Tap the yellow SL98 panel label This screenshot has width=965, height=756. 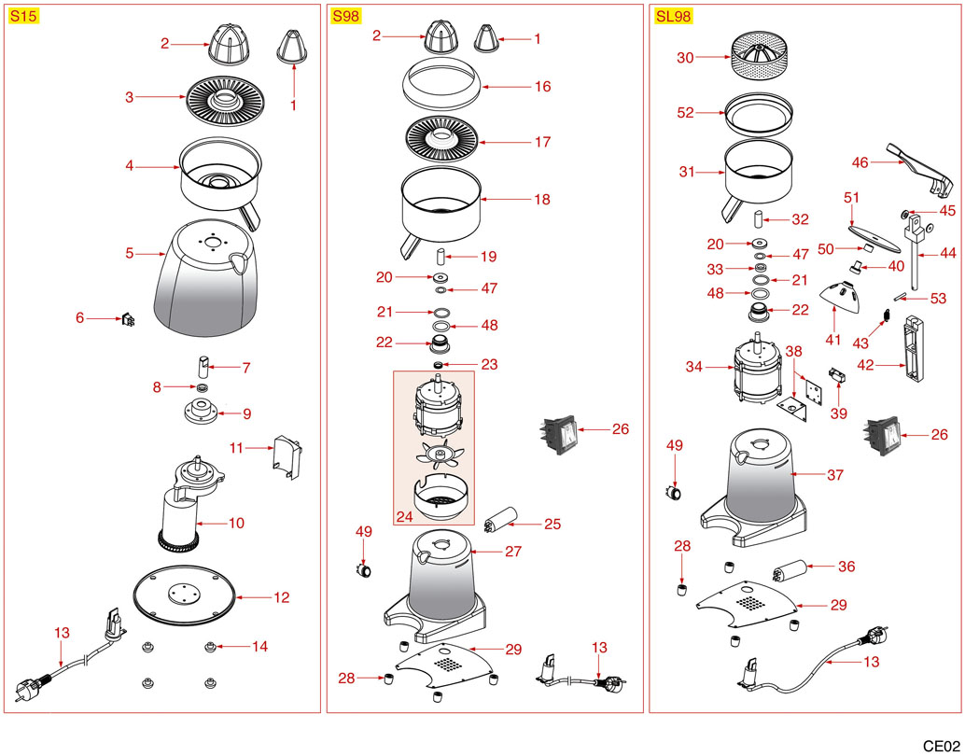pyautogui.click(x=673, y=17)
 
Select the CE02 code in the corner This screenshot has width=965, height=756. pyautogui.click(x=941, y=745)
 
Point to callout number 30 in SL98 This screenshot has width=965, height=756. pyautogui.click(x=686, y=58)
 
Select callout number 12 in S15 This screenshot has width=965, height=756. pyautogui.click(x=281, y=597)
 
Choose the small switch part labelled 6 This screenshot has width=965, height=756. pyautogui.click(x=127, y=321)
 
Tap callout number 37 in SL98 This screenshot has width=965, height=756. pyautogui.click(x=835, y=475)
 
